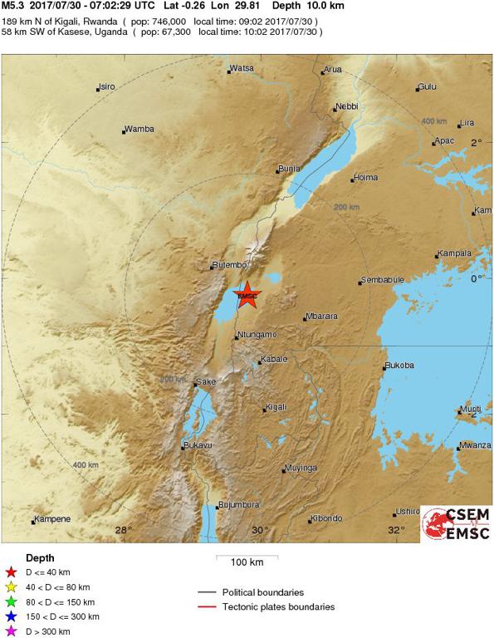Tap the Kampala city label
[x=455, y=253]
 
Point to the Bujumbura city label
[x=238, y=504]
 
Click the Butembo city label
[x=230, y=265]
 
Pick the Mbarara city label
[x=320, y=317]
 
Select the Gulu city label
[x=428, y=86]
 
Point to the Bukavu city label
[x=198, y=446]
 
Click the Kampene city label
[x=52, y=520]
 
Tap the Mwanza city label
[x=476, y=445]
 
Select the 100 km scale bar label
[x=247, y=562]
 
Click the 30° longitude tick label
[x=260, y=530]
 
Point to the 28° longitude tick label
[x=123, y=530]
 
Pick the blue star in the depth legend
[x=11, y=616]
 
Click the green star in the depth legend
[x=11, y=601]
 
